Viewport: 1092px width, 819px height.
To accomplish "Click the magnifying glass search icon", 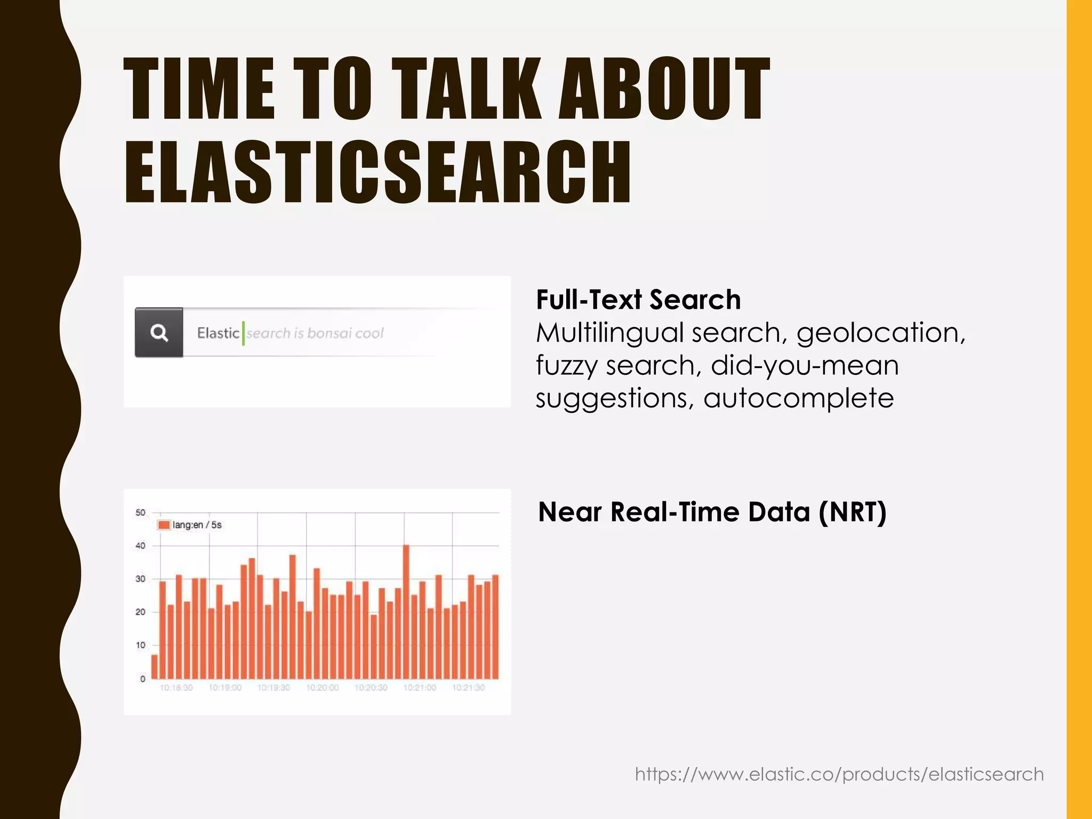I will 159,333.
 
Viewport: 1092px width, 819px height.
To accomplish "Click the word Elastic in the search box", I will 218,333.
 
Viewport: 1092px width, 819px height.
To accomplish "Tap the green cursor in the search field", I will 244,333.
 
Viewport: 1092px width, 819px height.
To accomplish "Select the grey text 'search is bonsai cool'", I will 315,333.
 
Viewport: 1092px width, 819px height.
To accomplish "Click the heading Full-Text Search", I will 638,300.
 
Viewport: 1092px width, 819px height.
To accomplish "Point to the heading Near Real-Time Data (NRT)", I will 712,512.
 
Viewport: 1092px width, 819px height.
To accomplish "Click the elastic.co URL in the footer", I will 839,774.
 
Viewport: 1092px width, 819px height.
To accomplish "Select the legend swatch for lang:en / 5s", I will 164,525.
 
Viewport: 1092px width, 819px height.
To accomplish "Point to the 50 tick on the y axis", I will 140,512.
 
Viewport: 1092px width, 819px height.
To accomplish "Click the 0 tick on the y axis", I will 142,679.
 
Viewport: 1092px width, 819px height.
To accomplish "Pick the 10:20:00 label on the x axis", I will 322,688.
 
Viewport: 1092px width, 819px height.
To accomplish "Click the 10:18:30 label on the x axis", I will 176,688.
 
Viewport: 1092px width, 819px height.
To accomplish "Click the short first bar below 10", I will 155,667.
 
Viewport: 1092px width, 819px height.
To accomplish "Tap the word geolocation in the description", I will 880,333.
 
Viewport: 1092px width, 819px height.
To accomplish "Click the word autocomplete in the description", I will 798,398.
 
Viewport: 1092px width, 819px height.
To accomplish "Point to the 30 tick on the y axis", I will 140,579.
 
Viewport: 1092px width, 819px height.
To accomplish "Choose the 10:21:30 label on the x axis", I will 468,688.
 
